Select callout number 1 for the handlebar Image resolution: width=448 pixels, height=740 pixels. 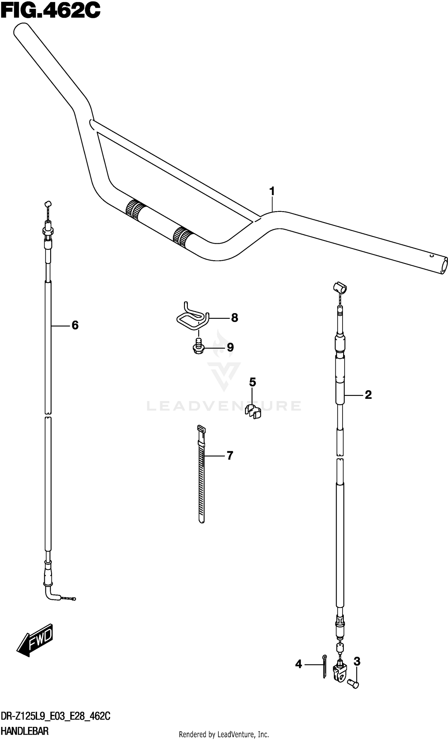click(272, 191)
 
